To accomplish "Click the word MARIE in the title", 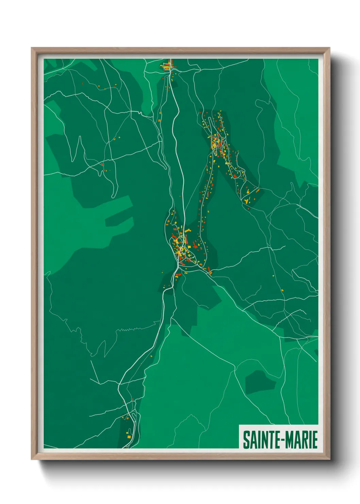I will (x=301, y=440).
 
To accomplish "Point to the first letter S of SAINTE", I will (x=246, y=440).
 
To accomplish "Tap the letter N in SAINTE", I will (x=261, y=440).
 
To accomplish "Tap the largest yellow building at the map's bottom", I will (x=129, y=436).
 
